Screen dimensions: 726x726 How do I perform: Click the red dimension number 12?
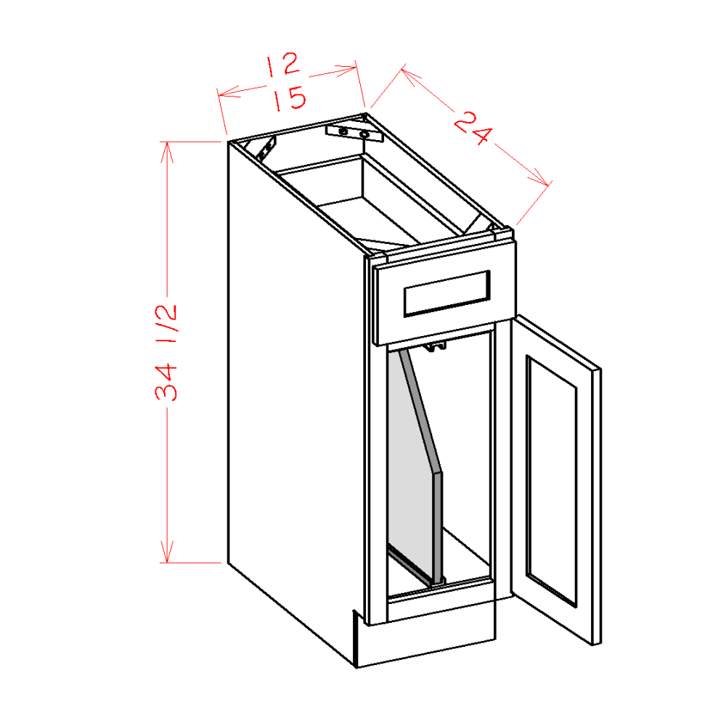point(282,65)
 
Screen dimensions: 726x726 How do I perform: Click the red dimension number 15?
point(289,98)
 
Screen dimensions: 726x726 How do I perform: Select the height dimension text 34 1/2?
point(166,352)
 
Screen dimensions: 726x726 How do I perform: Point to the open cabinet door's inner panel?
point(552,479)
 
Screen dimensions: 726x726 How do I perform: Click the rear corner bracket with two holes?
point(354,131)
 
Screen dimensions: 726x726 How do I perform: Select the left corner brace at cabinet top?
point(266,148)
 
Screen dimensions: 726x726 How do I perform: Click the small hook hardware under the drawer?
point(435,347)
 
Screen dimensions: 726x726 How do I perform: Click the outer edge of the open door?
point(597,508)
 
